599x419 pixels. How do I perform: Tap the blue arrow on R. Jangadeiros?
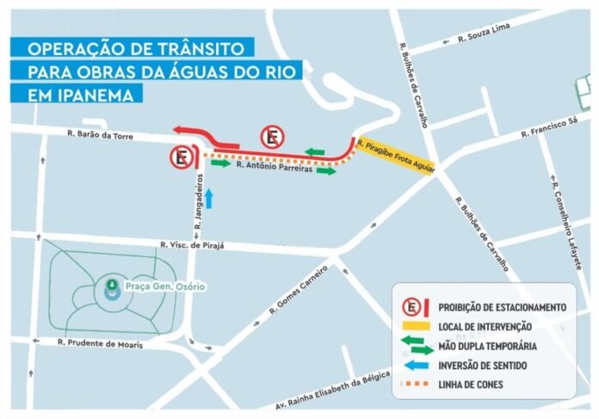[207, 197]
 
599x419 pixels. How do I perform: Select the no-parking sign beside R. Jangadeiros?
[181, 157]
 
